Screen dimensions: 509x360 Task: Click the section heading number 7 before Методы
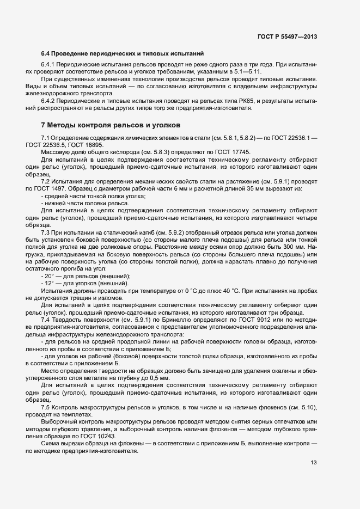[44, 126]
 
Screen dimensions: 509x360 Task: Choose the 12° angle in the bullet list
[51, 283]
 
